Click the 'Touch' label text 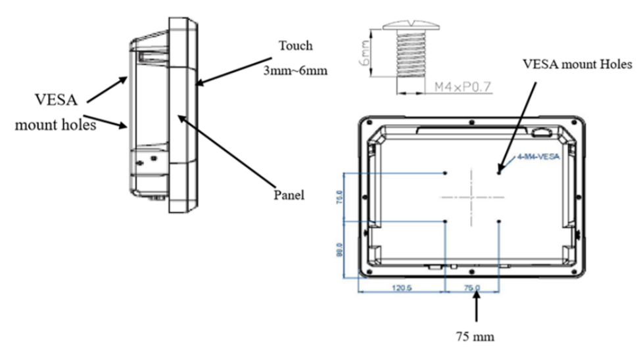pos(295,46)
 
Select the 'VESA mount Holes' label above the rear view pos(577,64)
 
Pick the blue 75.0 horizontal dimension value pos(472,287)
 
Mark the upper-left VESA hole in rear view pos(446,173)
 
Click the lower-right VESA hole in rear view pos(499,221)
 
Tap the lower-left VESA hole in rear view pos(446,221)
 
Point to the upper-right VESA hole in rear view pos(499,173)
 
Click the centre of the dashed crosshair pos(472,196)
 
